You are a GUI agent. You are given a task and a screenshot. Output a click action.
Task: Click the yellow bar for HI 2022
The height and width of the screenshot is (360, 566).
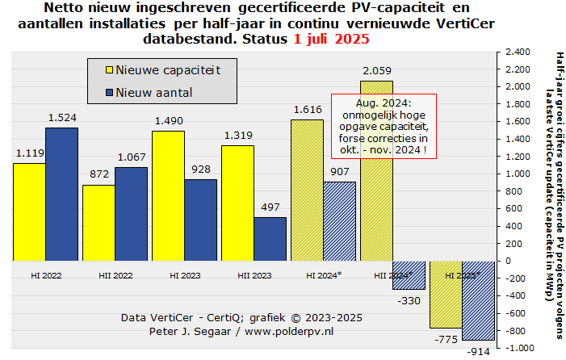point(29,211)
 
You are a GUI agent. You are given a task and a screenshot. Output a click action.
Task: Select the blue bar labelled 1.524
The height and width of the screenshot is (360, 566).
point(61,194)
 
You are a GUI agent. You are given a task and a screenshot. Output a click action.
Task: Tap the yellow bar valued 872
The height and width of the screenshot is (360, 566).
point(99,223)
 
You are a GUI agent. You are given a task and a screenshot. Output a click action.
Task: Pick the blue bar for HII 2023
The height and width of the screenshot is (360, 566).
point(270,239)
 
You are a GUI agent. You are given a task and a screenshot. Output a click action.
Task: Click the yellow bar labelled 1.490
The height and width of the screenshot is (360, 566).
point(168,195)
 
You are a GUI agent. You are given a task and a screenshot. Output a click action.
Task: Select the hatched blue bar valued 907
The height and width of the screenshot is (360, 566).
point(339,221)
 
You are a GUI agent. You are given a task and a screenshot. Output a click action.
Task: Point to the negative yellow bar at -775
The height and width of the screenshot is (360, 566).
point(446,294)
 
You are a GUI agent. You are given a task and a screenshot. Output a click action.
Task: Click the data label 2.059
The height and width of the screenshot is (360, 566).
point(376,71)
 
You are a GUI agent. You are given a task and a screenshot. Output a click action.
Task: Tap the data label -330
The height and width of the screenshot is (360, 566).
point(409,300)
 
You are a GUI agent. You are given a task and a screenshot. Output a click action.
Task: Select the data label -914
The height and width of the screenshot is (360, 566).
point(478,352)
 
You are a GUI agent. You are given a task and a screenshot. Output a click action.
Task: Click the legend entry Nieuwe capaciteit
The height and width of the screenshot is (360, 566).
point(168,70)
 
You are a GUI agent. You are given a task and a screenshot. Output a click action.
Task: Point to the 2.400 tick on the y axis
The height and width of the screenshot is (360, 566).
point(515,52)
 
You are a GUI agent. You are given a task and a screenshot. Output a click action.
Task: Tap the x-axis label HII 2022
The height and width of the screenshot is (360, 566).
point(115,274)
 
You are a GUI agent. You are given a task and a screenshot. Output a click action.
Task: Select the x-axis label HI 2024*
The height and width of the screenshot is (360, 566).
point(324,274)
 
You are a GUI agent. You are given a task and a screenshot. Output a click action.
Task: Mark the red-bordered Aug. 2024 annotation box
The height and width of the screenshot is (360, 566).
point(384,127)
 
